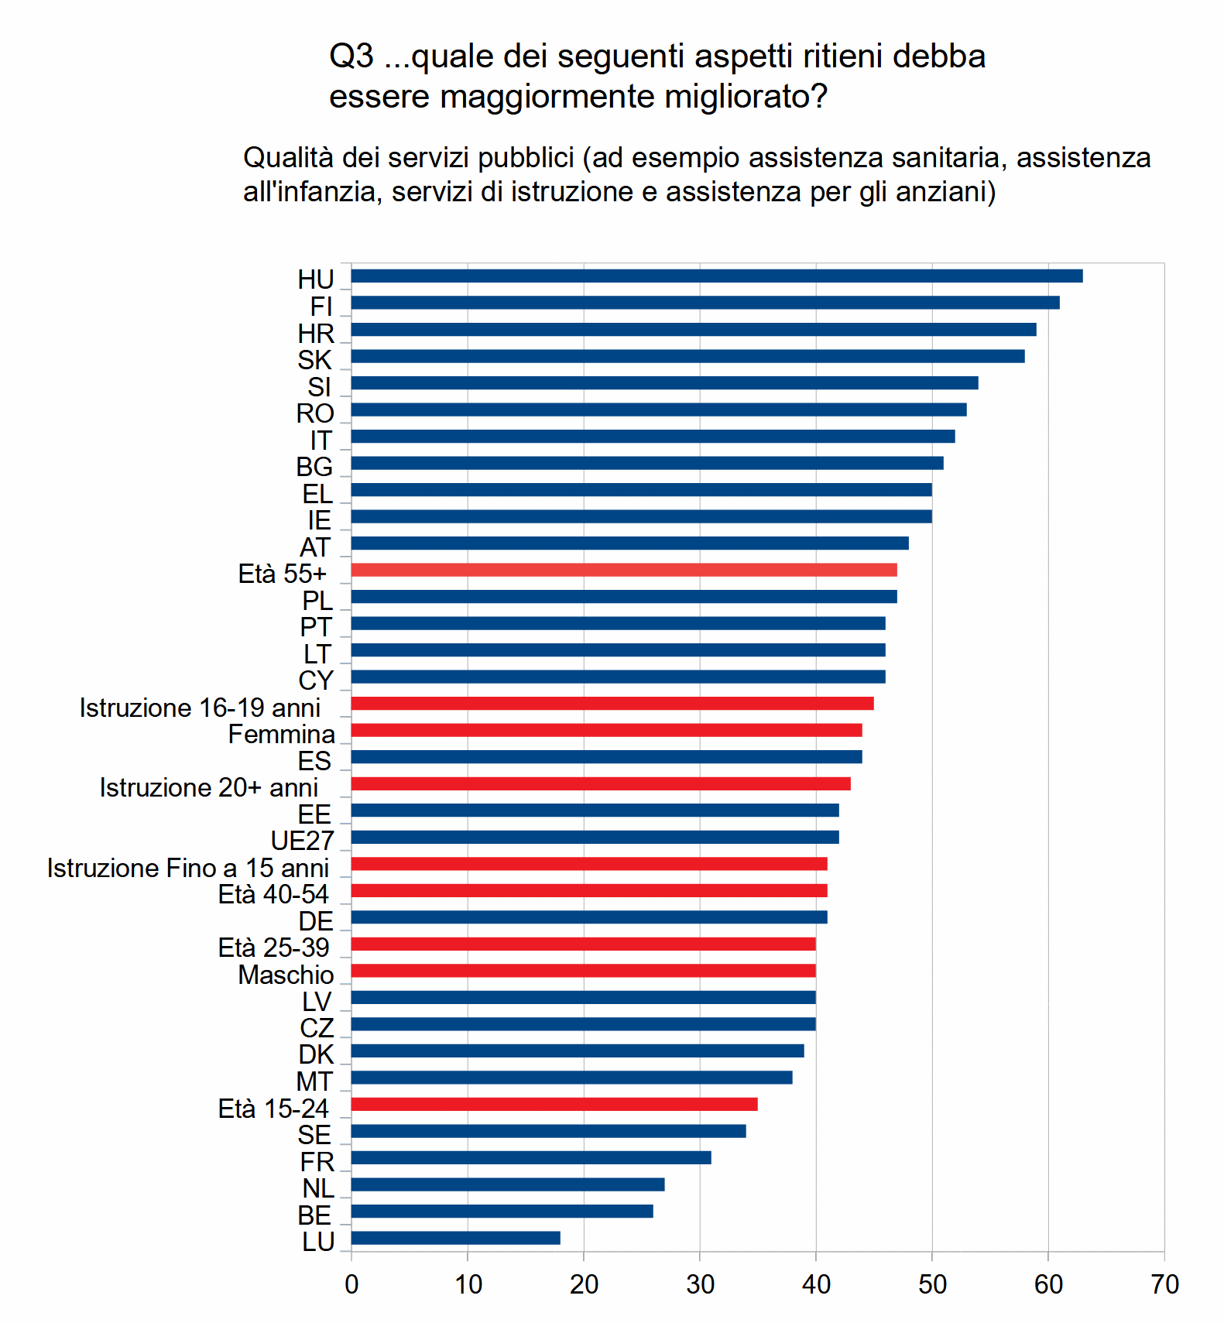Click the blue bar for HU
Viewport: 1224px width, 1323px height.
coord(716,276)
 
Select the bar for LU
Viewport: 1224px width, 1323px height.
coord(455,1238)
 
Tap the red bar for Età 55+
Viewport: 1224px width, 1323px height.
coord(623,571)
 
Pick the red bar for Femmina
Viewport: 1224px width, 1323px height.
coord(606,731)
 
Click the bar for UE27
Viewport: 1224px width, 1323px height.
coord(595,838)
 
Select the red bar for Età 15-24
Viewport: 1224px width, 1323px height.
coord(554,1105)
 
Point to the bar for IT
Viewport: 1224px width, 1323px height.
coord(653,437)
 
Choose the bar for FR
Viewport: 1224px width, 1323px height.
coord(530,1158)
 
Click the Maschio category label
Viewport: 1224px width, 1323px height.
coord(286,975)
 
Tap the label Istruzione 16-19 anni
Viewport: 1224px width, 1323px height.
coord(200,708)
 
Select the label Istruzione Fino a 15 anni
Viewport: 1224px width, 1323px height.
coord(187,869)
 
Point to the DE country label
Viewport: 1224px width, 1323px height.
coord(316,922)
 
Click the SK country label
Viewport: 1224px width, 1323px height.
coord(314,361)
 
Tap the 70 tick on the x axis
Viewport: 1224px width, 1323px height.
coord(1164,1285)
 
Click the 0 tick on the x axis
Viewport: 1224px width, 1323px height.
coord(351,1285)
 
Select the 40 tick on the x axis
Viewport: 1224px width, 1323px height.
coord(815,1285)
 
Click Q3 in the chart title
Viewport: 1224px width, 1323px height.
coord(351,57)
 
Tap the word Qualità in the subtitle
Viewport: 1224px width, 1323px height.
coord(288,158)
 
